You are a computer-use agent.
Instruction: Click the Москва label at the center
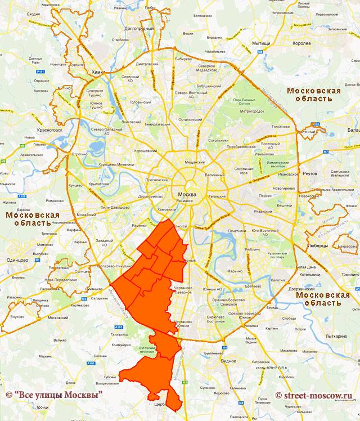(186, 194)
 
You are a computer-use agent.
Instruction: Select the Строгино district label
(80, 153)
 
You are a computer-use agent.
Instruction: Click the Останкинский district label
(190, 119)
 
